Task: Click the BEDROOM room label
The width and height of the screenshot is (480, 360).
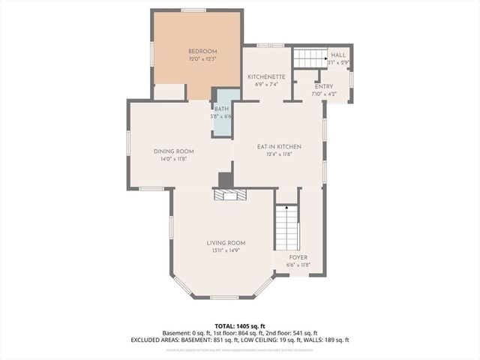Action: [196, 51]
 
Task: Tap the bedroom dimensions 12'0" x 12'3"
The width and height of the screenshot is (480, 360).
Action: [196, 58]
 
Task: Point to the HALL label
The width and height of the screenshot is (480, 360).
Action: [338, 55]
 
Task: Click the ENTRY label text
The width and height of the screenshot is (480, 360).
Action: [325, 86]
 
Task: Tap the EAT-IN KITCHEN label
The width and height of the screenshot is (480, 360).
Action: [278, 147]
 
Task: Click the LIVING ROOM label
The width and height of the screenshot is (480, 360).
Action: [226, 243]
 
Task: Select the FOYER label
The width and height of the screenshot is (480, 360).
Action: [298, 257]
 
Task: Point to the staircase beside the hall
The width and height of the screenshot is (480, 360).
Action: [308, 58]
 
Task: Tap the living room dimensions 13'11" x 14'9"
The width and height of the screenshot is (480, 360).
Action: [226, 250]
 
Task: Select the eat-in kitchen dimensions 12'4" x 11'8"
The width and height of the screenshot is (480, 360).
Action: [278, 154]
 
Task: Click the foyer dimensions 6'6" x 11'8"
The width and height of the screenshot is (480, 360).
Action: [298, 265]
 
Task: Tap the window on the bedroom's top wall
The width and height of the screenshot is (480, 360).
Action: [193, 10]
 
